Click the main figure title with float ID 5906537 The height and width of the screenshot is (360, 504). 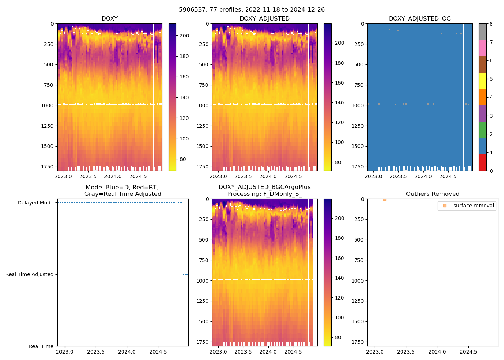point(252,10)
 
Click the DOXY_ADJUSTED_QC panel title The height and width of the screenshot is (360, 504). point(419,19)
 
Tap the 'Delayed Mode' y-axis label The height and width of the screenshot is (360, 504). point(35,203)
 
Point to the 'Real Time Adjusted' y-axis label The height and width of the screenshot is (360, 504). point(29,274)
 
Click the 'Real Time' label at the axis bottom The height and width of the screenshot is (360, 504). point(41,346)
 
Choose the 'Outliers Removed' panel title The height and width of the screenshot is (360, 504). point(433,194)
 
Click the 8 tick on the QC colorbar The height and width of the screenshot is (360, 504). point(491,24)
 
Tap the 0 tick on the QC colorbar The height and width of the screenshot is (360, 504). point(491,171)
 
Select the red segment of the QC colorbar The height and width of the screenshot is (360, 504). point(482,162)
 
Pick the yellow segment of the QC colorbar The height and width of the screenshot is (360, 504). point(482,81)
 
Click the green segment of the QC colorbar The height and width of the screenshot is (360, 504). point(482,130)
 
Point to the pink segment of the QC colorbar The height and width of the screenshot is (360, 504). point(482,48)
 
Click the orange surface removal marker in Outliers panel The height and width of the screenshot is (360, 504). point(384,199)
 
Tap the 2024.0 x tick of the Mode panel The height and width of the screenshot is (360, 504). point(127,352)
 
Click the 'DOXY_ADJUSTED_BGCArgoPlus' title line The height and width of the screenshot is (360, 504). point(264,187)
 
